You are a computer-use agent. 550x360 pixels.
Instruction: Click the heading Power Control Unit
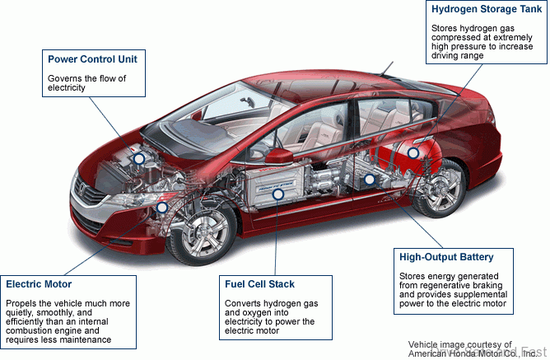97,59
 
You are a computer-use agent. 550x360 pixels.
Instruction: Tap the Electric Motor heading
40,284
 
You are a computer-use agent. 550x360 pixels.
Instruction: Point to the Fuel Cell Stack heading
259,284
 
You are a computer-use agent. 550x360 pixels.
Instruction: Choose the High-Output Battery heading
445,256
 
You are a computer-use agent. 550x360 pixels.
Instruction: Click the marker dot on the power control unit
138,157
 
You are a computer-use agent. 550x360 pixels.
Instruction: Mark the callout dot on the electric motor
161,208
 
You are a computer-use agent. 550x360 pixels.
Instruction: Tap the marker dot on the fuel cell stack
278,194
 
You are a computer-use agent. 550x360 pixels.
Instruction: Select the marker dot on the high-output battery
370,178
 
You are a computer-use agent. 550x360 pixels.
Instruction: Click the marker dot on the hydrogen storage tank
413,152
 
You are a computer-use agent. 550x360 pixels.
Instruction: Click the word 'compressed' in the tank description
458,36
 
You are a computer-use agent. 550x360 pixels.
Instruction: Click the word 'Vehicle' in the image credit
425,344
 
